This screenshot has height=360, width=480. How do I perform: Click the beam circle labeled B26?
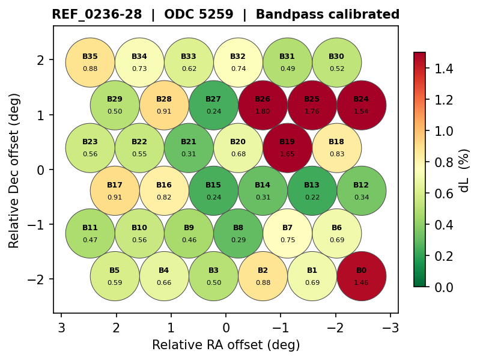coord(263,105)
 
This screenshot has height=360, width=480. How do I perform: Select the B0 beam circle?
coord(361,276)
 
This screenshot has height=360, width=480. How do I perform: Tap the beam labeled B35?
coord(90,63)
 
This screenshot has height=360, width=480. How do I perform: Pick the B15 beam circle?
coord(213,191)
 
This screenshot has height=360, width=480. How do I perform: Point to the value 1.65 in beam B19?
coord(287,154)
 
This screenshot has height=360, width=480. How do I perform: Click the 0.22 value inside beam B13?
coord(312,197)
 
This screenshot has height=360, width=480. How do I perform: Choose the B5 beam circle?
coord(115,276)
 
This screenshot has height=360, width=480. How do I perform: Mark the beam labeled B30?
coord(336,63)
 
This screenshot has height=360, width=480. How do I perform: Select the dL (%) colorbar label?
coord(464,170)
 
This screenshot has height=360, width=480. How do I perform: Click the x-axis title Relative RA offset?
coord(226,345)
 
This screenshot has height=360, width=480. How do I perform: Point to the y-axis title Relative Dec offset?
coord(15,170)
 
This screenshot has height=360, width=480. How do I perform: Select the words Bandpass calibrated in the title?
coord(327,14)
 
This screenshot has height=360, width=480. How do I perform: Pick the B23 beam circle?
coord(90,148)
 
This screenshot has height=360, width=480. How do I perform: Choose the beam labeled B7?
coord(287,234)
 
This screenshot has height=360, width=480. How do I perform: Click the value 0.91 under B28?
coord(164,111)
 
